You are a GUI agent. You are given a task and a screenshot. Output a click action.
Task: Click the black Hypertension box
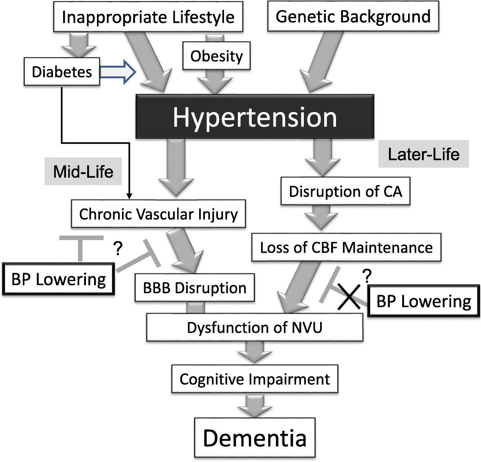[255, 117]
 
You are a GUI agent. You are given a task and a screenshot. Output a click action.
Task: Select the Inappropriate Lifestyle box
[148, 17]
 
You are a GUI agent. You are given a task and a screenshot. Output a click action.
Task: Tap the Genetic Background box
[353, 17]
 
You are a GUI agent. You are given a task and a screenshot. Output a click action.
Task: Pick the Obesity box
[216, 56]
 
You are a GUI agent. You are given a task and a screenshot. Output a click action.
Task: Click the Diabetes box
[62, 72]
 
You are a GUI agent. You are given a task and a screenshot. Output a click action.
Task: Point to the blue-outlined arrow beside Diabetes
[118, 72]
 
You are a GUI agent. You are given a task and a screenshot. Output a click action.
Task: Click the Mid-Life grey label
[83, 172]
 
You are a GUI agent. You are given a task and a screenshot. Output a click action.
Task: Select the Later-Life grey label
[424, 154]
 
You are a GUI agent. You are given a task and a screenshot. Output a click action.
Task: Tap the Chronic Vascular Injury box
[158, 214]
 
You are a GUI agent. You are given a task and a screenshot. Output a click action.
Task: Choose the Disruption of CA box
[345, 191]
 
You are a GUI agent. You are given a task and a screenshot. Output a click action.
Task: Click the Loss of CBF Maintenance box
[346, 247]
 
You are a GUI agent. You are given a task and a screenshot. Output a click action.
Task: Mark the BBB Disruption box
[195, 288]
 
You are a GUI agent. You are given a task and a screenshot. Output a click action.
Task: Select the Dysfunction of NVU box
[255, 327]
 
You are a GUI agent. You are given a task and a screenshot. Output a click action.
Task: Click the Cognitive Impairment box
[255, 379]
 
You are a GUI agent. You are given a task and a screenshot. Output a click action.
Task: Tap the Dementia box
[255, 438]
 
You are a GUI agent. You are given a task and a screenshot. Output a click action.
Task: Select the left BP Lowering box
[59, 279]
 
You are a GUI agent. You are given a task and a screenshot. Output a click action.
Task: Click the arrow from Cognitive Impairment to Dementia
[255, 405]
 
